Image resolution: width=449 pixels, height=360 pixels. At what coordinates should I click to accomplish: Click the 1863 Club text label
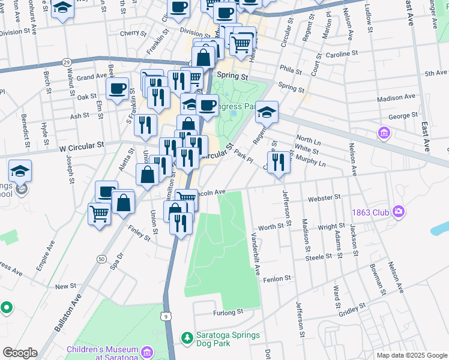click(369, 211)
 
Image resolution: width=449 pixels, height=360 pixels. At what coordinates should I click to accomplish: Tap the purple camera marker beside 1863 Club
click(397, 211)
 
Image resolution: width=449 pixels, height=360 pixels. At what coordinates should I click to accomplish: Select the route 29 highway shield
click(66, 62)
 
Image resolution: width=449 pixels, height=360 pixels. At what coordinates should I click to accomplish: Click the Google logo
click(20, 353)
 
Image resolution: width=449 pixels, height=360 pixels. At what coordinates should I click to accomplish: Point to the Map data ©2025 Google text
click(411, 355)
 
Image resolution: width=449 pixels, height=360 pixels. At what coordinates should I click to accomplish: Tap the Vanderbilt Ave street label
click(256, 253)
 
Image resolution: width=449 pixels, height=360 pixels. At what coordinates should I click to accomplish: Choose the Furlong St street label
click(228, 312)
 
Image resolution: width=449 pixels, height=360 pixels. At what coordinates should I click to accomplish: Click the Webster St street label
click(324, 197)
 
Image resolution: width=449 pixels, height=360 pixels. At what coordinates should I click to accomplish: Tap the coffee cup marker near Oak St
click(117, 88)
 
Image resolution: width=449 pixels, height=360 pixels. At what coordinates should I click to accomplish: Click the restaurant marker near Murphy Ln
click(277, 161)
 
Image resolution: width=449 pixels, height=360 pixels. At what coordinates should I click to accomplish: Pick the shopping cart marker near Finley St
click(99, 213)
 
